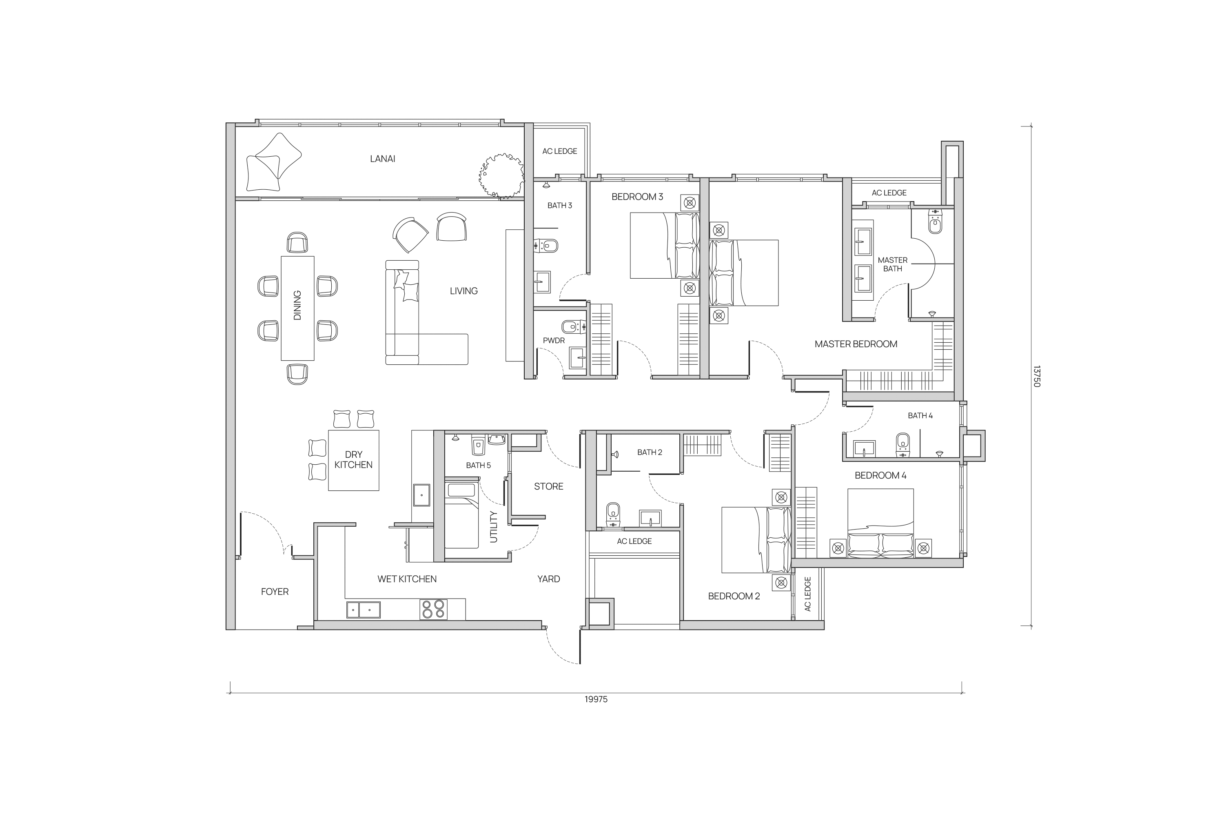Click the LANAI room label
click(383, 159)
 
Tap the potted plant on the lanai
click(501, 176)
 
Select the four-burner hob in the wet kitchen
click(433, 610)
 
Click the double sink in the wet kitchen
click(363, 610)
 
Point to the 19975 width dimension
click(596, 699)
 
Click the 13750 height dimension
click(1036, 376)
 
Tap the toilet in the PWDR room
click(574, 327)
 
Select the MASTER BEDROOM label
click(856, 344)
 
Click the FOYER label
click(275, 592)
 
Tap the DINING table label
click(297, 306)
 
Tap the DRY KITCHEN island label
click(353, 459)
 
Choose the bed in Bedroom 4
click(880, 523)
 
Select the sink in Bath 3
click(542, 283)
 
